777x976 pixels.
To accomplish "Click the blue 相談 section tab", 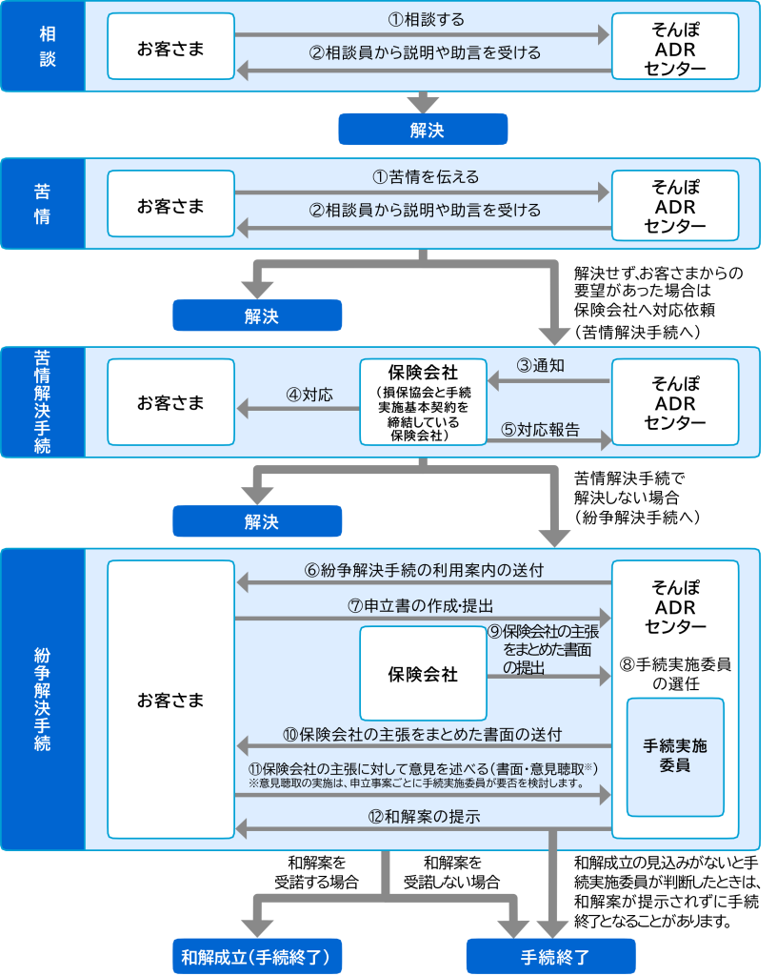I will tap(43, 46).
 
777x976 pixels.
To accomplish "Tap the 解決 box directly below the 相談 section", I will tap(423, 130).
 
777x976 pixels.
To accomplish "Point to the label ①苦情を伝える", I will tap(425, 177).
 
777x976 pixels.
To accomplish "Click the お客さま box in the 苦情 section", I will tap(170, 204).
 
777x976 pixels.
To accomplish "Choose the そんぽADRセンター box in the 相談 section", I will tap(674, 46).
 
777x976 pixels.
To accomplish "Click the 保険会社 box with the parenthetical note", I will tap(423, 401).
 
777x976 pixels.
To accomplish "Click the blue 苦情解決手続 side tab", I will tap(43, 401).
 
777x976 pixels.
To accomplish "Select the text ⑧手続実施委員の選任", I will tap(675, 673).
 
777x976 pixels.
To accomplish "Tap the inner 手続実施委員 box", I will tap(675, 756).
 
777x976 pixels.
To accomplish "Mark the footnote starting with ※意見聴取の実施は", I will tap(415, 783).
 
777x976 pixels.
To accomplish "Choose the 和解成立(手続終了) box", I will tap(256, 956).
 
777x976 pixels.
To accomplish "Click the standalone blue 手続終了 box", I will tap(550, 956).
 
